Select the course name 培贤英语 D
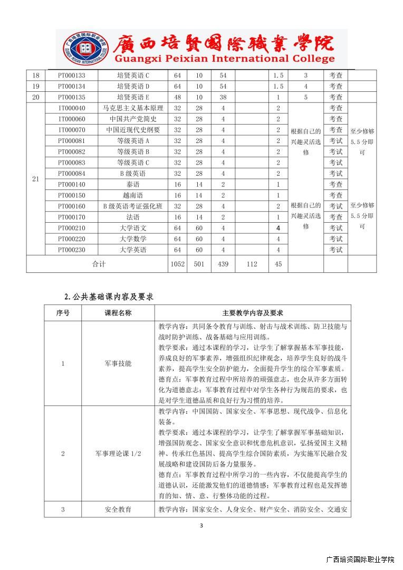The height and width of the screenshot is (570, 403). tap(133, 86)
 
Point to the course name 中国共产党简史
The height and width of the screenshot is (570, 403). tap(133, 119)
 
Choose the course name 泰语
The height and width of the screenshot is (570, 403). tap(133, 184)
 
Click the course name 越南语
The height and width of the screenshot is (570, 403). tap(133, 195)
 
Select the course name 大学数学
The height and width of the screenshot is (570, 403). tap(133, 239)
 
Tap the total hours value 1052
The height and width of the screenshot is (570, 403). tap(177, 264)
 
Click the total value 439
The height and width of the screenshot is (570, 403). tap(223, 264)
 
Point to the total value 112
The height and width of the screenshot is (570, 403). tap(252, 264)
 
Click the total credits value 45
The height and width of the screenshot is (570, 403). tap(278, 264)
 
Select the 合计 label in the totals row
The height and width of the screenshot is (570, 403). tap(99, 264)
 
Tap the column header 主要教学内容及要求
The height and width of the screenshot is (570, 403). tap(253, 313)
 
